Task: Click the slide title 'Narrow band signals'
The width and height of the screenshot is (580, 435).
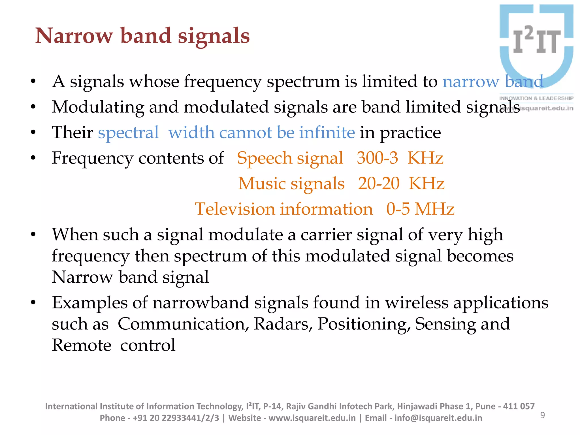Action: [x=142, y=36]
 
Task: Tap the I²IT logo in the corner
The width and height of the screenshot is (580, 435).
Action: [x=536, y=42]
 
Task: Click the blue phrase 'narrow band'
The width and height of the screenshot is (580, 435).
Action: [x=493, y=82]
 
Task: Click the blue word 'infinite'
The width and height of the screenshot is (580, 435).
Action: [x=327, y=133]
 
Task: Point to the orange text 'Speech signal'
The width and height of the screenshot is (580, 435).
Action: [x=290, y=158]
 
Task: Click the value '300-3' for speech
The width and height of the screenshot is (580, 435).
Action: [x=377, y=158]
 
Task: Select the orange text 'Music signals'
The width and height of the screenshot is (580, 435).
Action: [x=291, y=184]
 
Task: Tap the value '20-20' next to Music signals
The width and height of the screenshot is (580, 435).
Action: [x=378, y=184]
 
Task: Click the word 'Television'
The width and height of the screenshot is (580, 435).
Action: [x=235, y=209]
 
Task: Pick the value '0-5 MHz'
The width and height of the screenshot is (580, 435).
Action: [x=420, y=209]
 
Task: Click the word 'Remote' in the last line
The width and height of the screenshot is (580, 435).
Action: [x=82, y=345]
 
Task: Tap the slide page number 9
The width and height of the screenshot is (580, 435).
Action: [x=542, y=415]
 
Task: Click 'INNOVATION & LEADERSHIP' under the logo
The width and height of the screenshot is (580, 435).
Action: [x=536, y=98]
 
